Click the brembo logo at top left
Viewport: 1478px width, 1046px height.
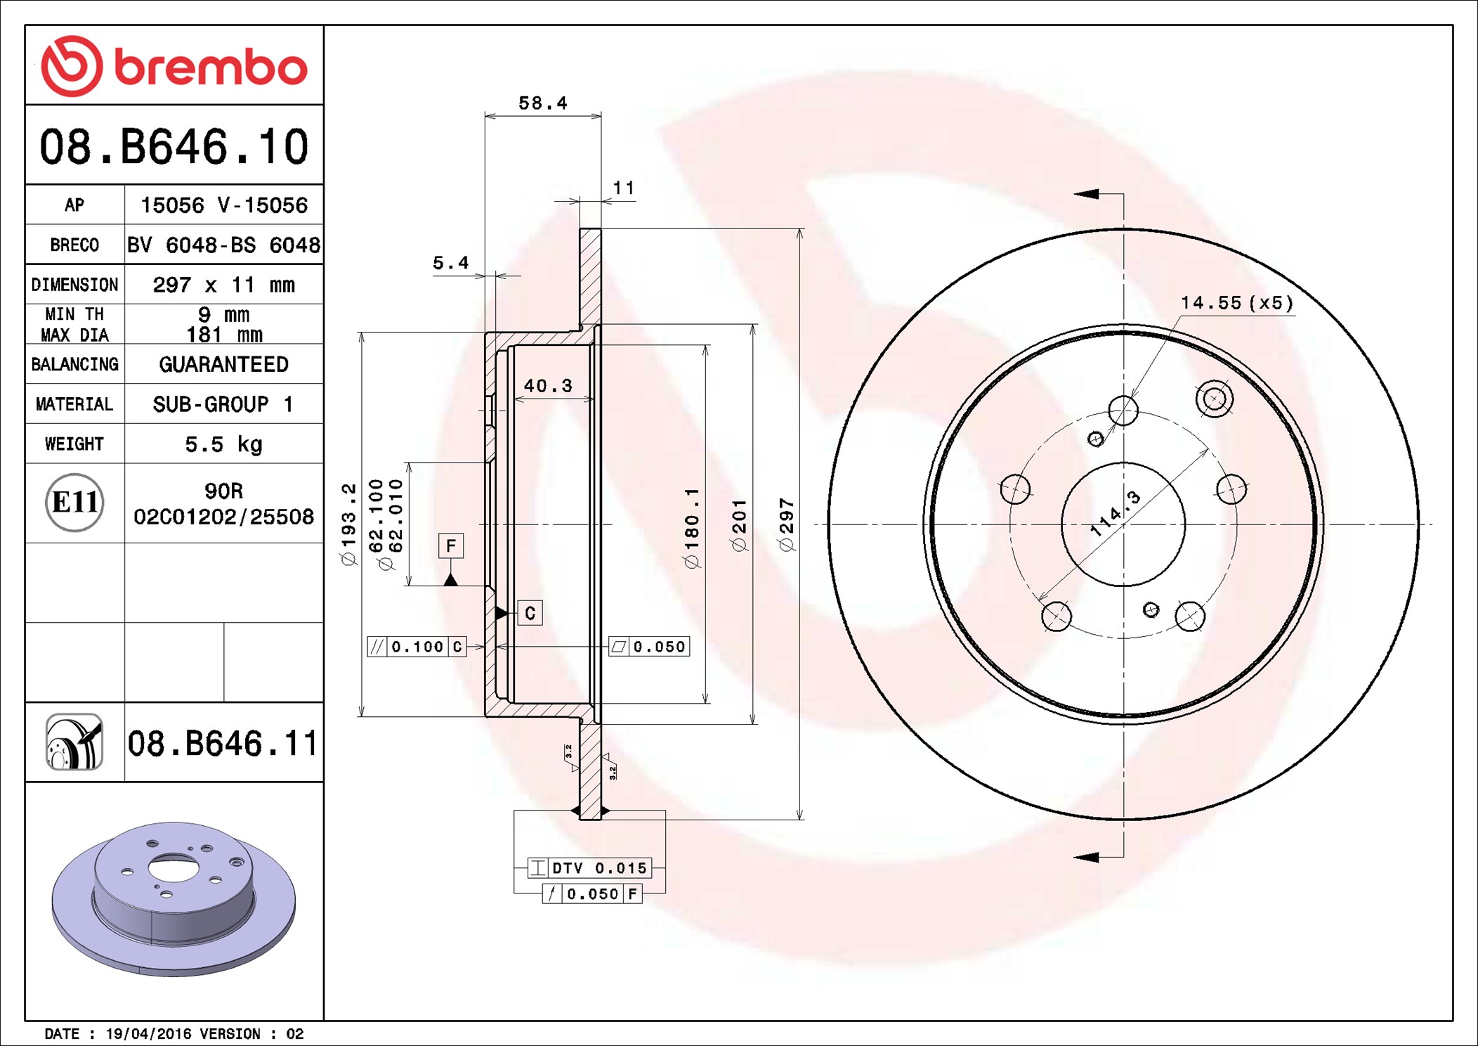174,66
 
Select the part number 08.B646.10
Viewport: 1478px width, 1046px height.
174,147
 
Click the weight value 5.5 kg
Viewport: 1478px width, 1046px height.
223,444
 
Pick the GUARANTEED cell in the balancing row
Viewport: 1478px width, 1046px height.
223,364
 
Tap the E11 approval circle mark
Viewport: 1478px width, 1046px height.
74,503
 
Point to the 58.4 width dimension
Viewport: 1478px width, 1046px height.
542,103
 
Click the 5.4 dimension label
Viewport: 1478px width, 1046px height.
450,263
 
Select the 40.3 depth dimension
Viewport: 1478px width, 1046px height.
548,386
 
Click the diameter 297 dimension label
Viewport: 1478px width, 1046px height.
786,524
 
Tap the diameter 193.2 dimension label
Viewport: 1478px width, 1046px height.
348,524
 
